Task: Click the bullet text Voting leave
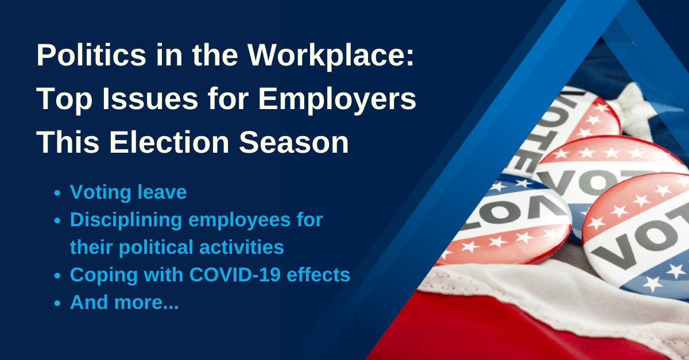point(128,192)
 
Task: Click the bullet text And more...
point(124,303)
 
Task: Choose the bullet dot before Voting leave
point(57,193)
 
